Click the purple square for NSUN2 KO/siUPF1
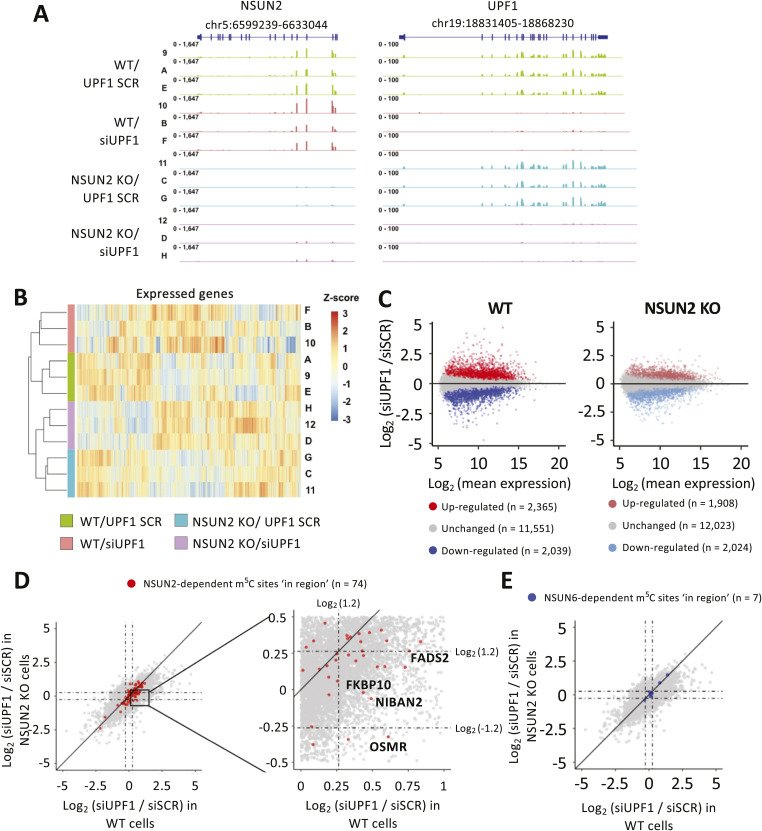click(x=207, y=542)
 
